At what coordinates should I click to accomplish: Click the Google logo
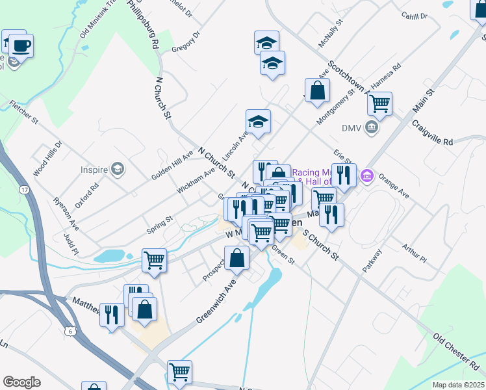click(x=21, y=382)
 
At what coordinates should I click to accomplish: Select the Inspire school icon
click(x=118, y=170)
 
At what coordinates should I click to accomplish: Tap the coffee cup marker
click(x=21, y=45)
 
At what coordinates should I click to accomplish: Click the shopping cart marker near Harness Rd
click(x=379, y=103)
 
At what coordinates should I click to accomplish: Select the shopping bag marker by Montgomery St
click(x=317, y=92)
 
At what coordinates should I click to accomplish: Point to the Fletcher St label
click(x=25, y=111)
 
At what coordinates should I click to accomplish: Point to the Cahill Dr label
click(x=415, y=16)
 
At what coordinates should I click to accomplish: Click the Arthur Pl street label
click(x=414, y=253)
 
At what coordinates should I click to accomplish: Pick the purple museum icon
click(x=367, y=175)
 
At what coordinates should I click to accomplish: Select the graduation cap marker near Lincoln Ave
click(x=258, y=122)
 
